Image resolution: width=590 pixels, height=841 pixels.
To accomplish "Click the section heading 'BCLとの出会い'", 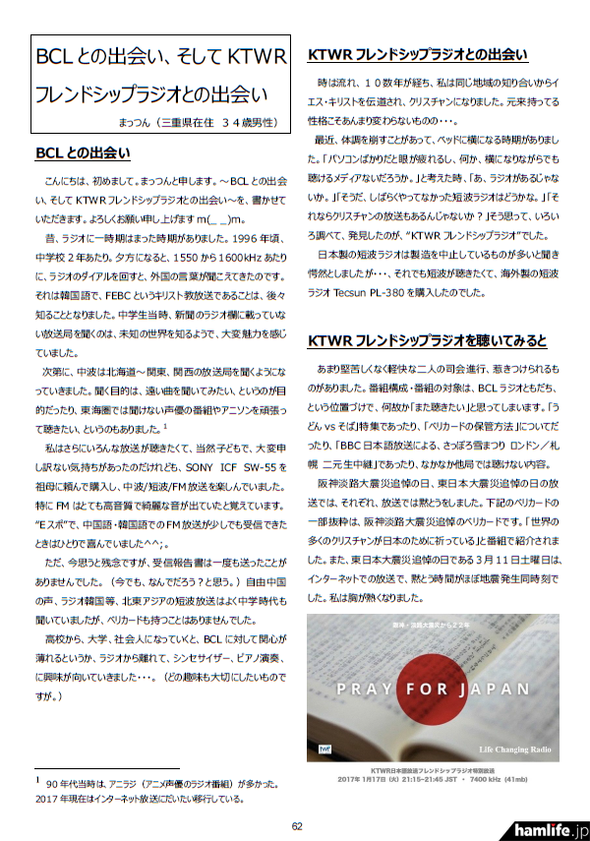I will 83,153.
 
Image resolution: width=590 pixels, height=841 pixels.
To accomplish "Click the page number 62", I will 296,825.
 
